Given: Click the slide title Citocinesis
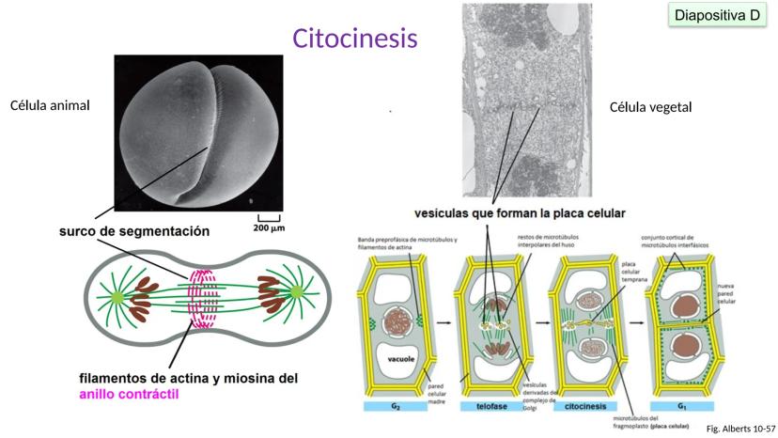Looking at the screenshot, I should click(354, 39).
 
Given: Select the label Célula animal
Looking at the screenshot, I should click(49, 104).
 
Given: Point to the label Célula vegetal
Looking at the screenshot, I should click(650, 107).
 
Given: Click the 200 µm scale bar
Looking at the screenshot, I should click(268, 224).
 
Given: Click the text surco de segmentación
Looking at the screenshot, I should click(134, 230).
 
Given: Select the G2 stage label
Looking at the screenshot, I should click(395, 407).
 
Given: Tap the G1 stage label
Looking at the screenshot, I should click(680, 407).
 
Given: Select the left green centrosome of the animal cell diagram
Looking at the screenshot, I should click(117, 297).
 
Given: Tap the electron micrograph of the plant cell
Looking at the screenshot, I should click(512, 99).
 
